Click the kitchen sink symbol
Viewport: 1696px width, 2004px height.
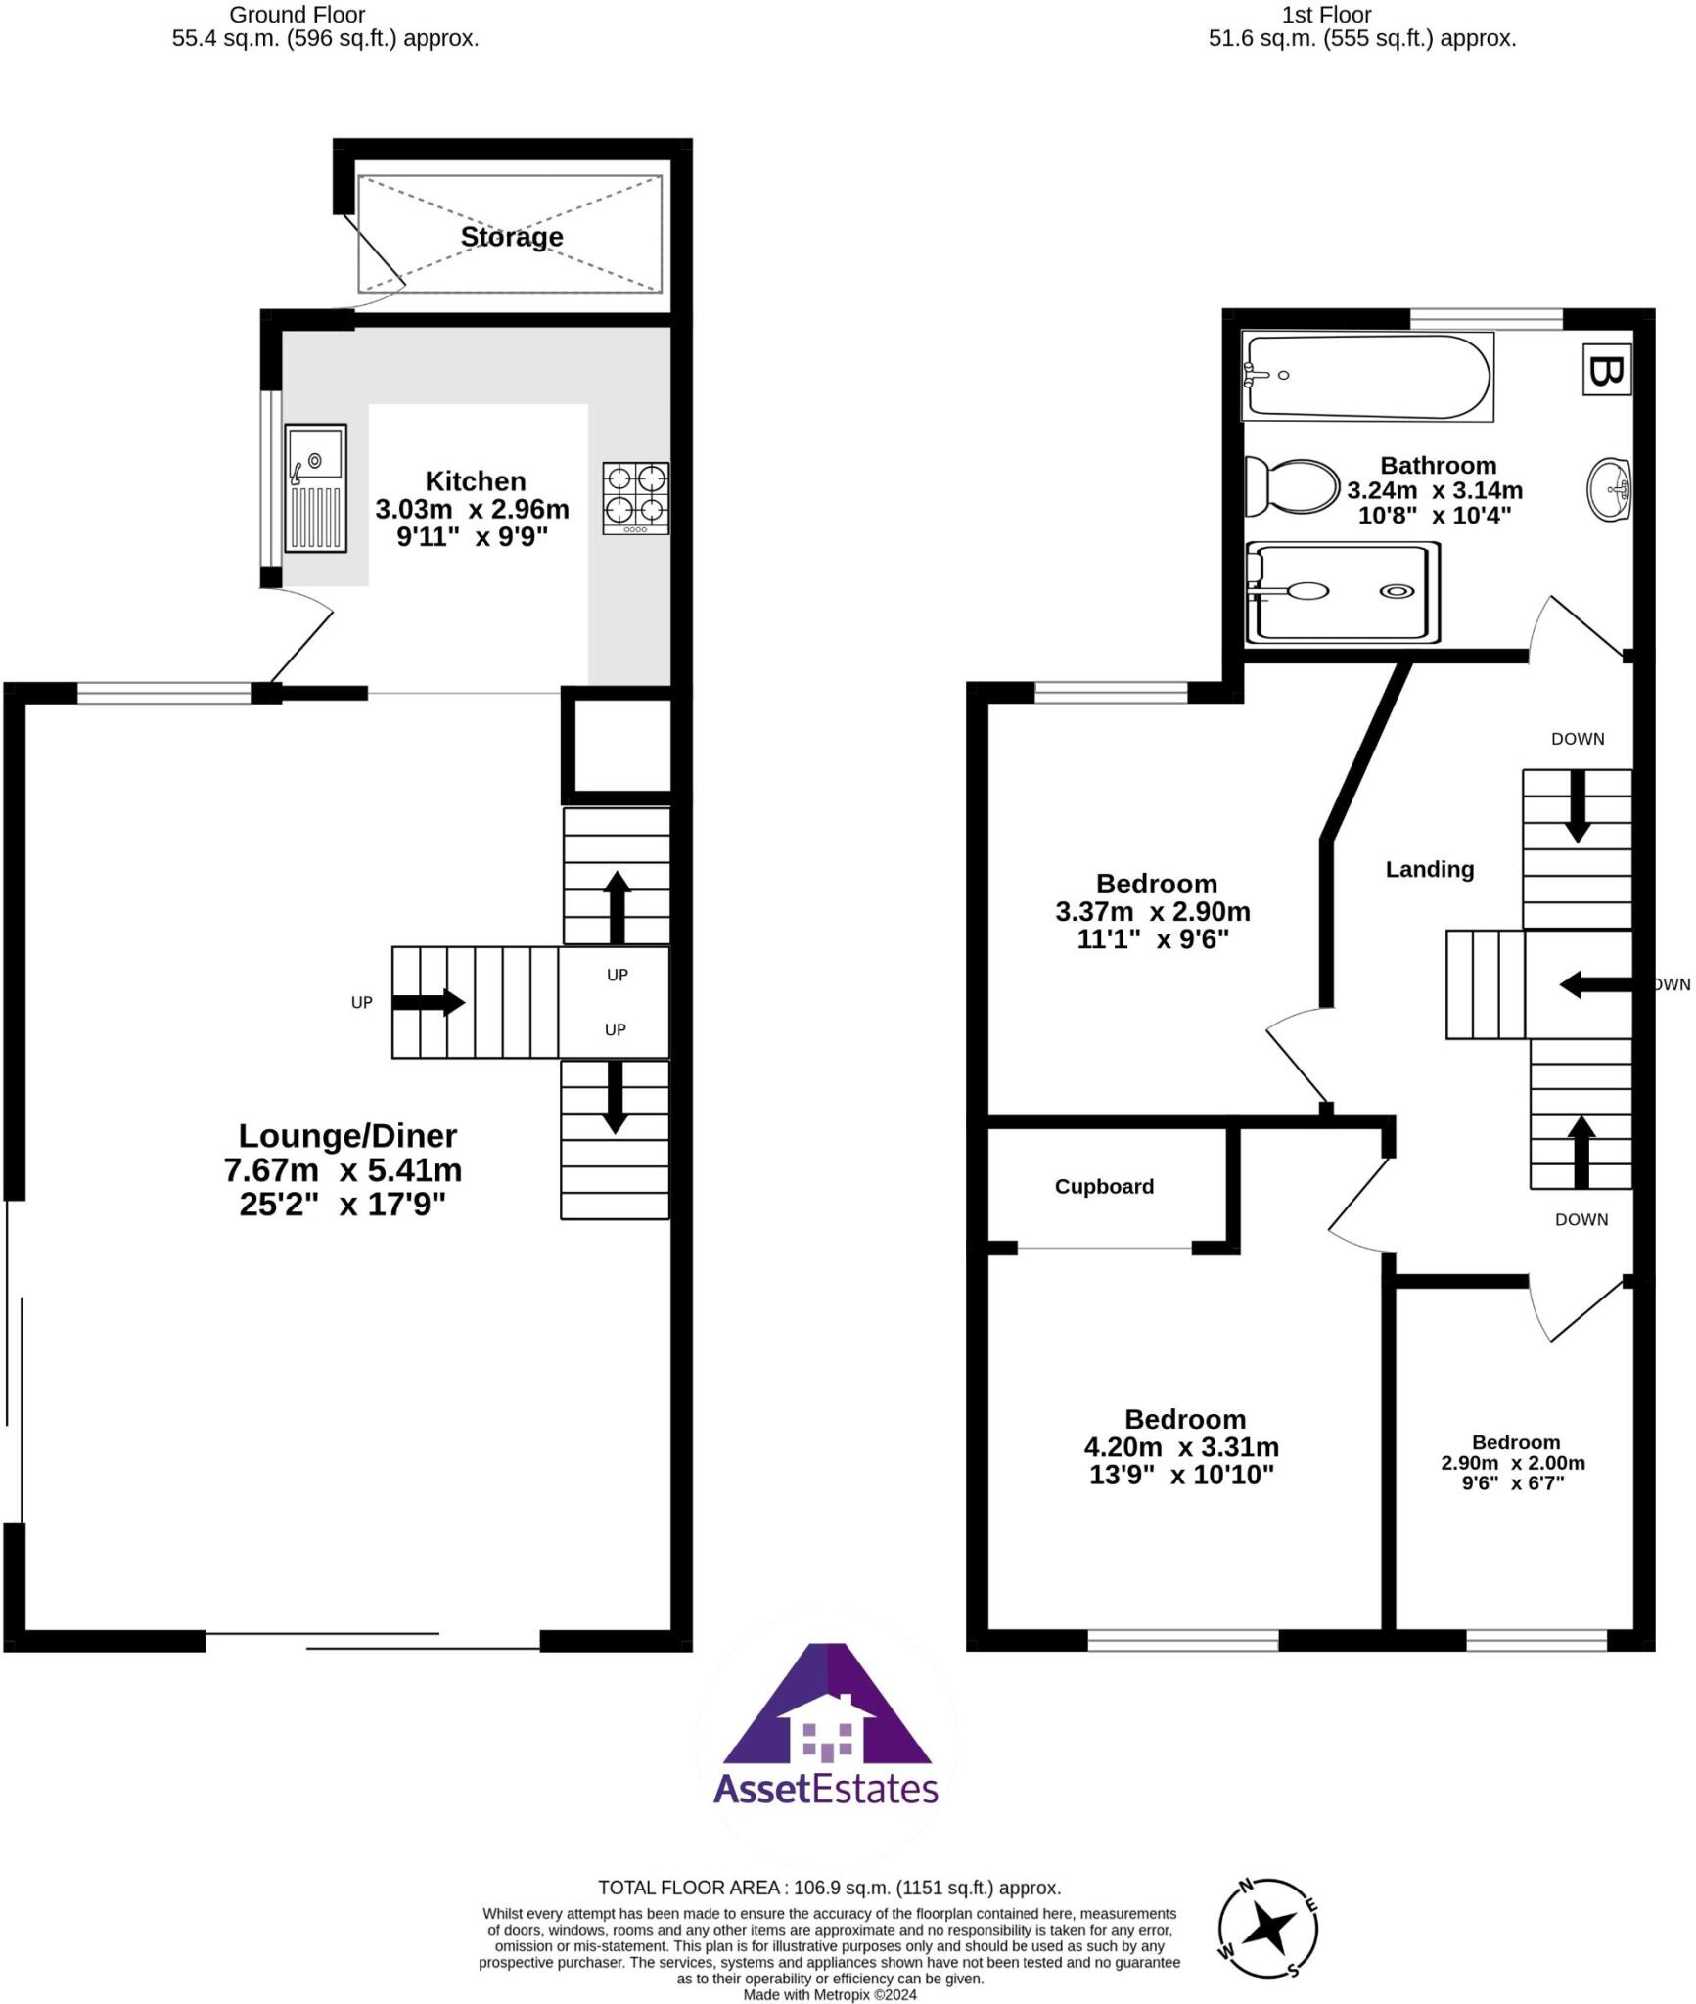pyautogui.click(x=315, y=487)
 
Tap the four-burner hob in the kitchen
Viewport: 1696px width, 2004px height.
pyautogui.click(x=635, y=497)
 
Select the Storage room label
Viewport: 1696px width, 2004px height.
pyautogui.click(x=512, y=237)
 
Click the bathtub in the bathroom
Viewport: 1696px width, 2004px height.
pyautogui.click(x=1367, y=377)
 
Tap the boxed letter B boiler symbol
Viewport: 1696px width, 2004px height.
pyautogui.click(x=1606, y=371)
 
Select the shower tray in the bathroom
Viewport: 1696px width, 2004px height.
pyautogui.click(x=1342, y=593)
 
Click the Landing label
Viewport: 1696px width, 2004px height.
pyautogui.click(x=1429, y=869)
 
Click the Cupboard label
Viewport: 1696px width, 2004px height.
pyautogui.click(x=1104, y=1186)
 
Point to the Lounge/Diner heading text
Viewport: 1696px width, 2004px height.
pyautogui.click(x=347, y=1135)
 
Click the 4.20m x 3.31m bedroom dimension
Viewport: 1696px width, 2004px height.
pyautogui.click(x=1180, y=1446)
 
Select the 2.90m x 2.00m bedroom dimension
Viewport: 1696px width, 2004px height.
pyautogui.click(x=1512, y=1463)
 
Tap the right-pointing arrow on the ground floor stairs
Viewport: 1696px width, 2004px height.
pyautogui.click(x=429, y=1002)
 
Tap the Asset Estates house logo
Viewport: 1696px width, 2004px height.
pyautogui.click(x=827, y=1726)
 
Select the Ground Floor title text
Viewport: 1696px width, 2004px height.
pyautogui.click(x=297, y=15)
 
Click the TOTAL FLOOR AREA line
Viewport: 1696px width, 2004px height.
pyautogui.click(x=829, y=1888)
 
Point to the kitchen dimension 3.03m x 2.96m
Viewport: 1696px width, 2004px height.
pyautogui.click(x=472, y=509)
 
